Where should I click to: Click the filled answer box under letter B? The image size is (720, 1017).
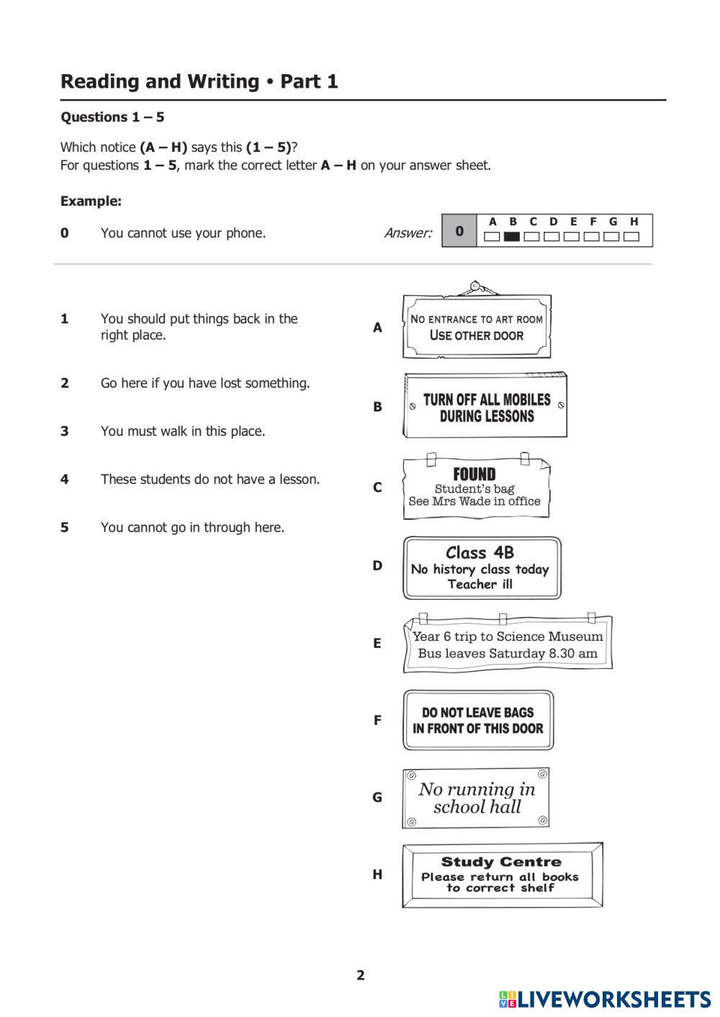512,236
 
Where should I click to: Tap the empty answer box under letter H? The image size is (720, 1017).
632,236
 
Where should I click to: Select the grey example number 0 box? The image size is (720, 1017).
459,231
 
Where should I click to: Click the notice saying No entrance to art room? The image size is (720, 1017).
477,327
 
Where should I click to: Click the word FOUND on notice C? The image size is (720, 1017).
474,474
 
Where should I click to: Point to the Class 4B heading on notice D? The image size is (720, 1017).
480,552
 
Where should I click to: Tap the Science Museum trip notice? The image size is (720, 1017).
508,644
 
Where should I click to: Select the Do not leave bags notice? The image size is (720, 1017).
478,721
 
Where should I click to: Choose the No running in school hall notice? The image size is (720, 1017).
477,798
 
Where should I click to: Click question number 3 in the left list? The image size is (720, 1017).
65,432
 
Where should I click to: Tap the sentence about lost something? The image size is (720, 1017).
205,383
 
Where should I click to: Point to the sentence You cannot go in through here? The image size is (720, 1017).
192,527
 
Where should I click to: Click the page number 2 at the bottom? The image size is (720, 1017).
361,975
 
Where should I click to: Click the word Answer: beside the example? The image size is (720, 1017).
408,232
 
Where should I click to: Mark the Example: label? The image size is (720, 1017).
91,201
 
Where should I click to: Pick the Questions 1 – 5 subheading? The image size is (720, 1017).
112,117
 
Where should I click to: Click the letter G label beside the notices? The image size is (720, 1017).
377,797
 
